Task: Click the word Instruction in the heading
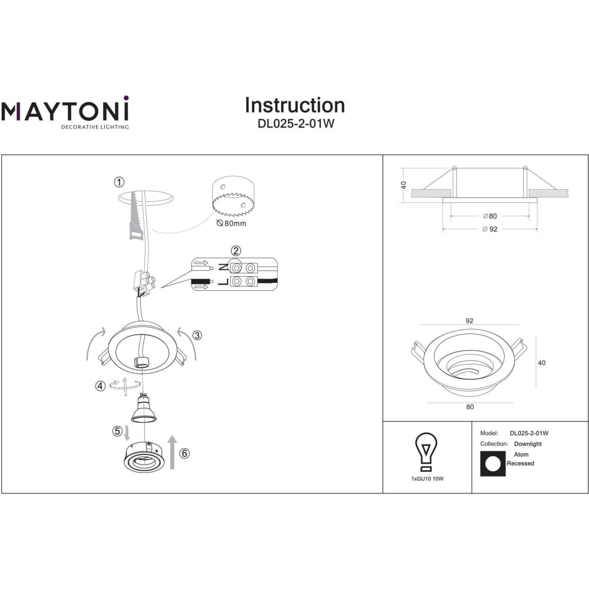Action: click(x=295, y=105)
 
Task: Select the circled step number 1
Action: click(x=119, y=182)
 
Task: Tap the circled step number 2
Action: click(x=236, y=251)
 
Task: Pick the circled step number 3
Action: click(x=197, y=335)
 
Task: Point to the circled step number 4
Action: click(x=100, y=386)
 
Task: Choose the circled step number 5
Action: click(x=117, y=431)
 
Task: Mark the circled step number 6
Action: click(x=184, y=454)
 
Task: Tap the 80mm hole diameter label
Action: click(x=231, y=223)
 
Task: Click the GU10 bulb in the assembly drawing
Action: click(x=144, y=408)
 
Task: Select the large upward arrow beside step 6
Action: click(x=173, y=452)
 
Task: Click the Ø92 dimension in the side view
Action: click(x=490, y=229)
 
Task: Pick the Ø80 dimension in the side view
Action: click(x=490, y=216)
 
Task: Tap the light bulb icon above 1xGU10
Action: click(x=426, y=452)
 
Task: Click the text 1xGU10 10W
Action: click(x=428, y=479)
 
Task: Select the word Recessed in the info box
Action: click(x=520, y=464)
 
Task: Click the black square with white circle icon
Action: click(x=493, y=464)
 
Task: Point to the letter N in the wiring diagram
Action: click(x=223, y=267)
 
